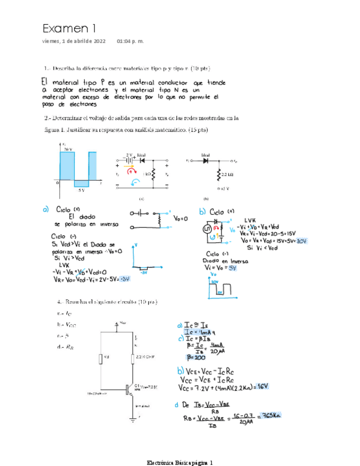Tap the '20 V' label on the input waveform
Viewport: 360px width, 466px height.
tap(68, 149)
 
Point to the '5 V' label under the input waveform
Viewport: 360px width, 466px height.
tap(81, 191)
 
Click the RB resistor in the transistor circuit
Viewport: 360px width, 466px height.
tap(101, 359)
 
